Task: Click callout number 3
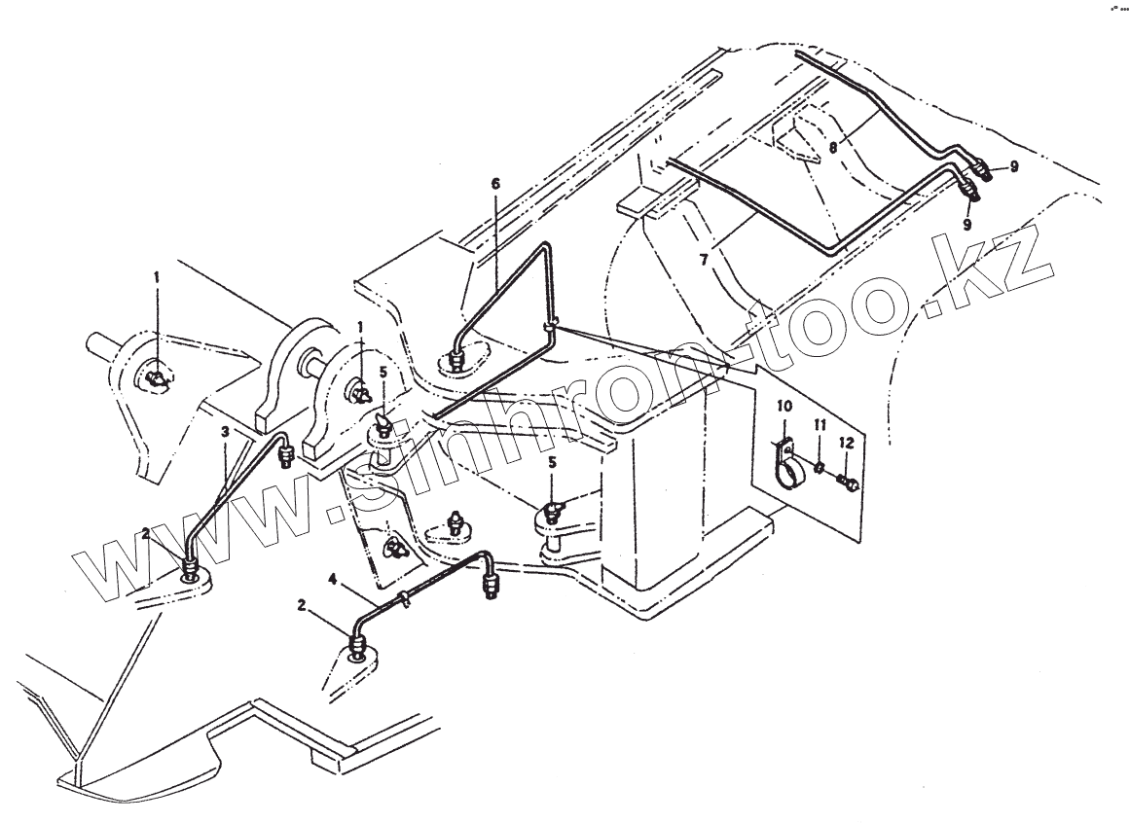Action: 225,430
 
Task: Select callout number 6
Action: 494,184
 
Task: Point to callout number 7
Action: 704,261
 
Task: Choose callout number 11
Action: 820,424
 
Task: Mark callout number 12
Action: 847,443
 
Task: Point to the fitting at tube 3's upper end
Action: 285,453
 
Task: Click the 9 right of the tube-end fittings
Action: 1013,167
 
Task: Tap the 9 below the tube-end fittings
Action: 967,224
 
